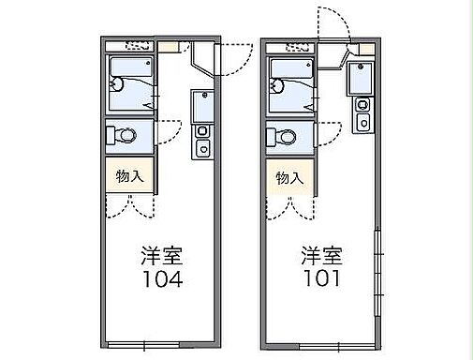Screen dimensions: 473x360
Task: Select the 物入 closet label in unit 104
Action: [x=129, y=175]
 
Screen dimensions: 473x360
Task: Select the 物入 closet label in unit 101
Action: [x=289, y=177]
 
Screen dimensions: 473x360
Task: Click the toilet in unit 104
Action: [x=123, y=137]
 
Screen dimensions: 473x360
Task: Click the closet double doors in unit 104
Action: [x=129, y=204]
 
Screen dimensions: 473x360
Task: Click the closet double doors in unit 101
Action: [x=288, y=206]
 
